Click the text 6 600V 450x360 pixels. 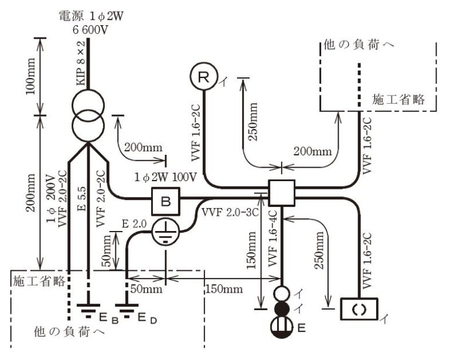[90, 30]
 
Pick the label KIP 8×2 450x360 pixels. [81, 63]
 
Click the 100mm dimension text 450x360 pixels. [30, 76]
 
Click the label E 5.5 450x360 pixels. [81, 199]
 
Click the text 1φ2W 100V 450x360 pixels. [166, 177]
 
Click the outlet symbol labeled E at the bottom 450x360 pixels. [282, 327]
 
